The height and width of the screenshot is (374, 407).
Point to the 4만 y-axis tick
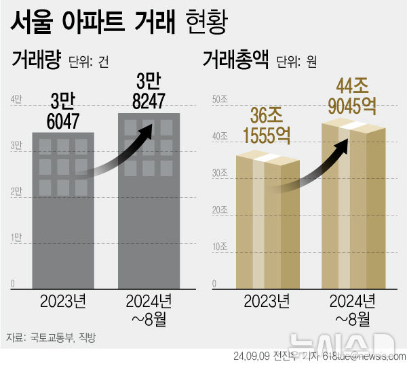tap(16, 100)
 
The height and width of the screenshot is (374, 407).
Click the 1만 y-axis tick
tap(16, 237)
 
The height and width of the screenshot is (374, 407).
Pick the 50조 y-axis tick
tap(220, 100)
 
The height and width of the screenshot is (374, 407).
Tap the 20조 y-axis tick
tap(220, 210)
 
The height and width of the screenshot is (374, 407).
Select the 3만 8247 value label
tap(149, 93)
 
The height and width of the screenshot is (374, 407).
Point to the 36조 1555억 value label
tap(267, 124)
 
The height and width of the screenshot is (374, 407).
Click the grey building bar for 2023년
tap(64, 210)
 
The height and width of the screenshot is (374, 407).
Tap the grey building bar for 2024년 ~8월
tap(149, 203)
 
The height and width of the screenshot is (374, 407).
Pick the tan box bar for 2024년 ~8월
tap(353, 210)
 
